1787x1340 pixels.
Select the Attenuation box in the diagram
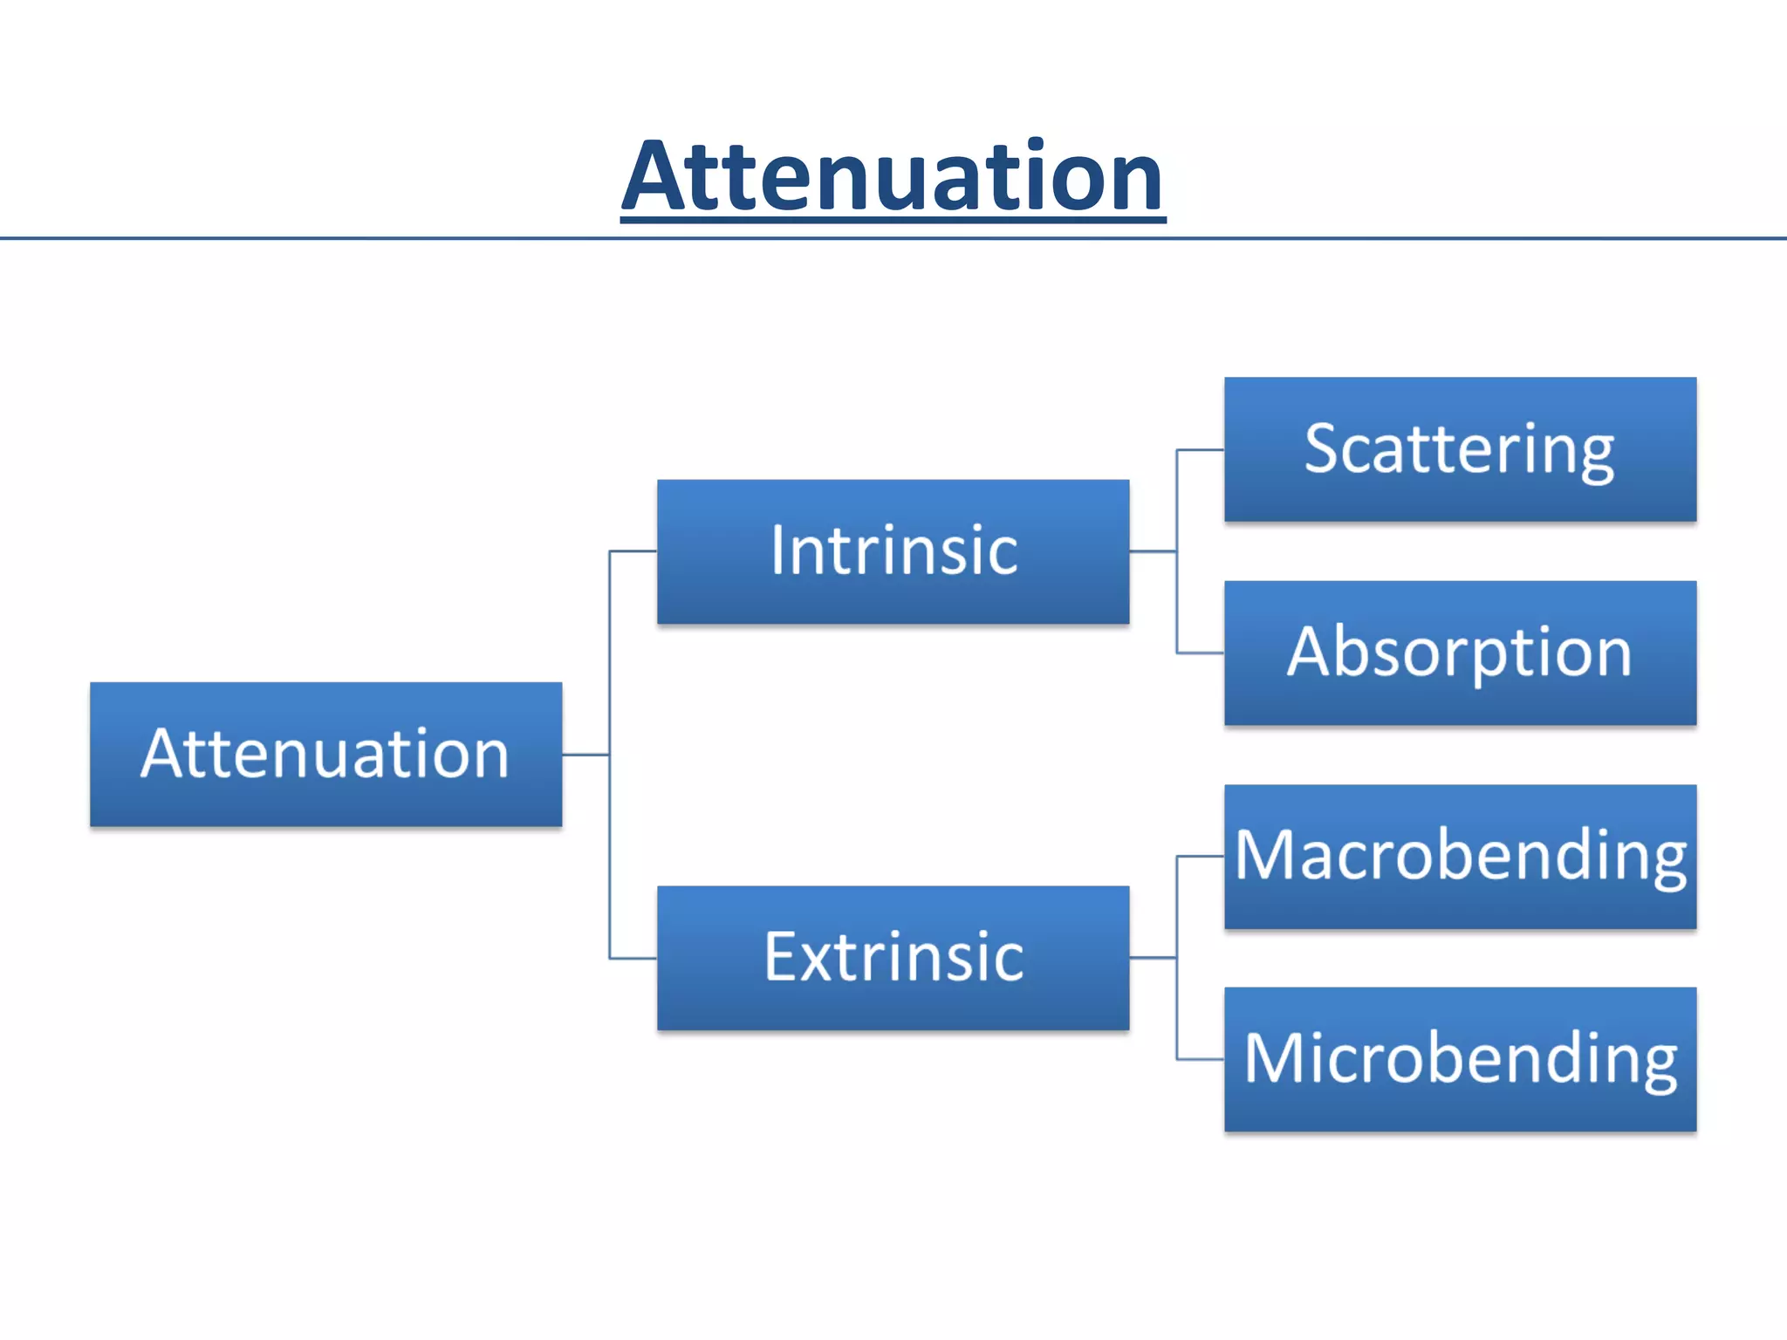[325, 755]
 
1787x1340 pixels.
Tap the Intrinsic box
[893, 551]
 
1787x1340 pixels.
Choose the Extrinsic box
[893, 958]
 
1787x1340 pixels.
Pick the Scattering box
[1460, 449]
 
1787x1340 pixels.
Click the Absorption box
[1460, 653]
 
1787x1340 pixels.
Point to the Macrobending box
[1460, 857]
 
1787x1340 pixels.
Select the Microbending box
[1460, 1059]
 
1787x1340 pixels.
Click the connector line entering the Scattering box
[1201, 450]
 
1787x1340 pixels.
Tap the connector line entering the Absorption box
[1201, 653]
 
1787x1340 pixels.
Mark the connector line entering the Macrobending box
[1201, 857]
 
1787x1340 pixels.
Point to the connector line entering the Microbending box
[1201, 1060]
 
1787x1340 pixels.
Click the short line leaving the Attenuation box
[585, 755]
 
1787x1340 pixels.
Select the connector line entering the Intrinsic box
[633, 551]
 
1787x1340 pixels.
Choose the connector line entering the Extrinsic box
[633, 959]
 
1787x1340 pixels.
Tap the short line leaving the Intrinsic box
[1153, 551]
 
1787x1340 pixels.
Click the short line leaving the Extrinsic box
[1153, 958]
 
